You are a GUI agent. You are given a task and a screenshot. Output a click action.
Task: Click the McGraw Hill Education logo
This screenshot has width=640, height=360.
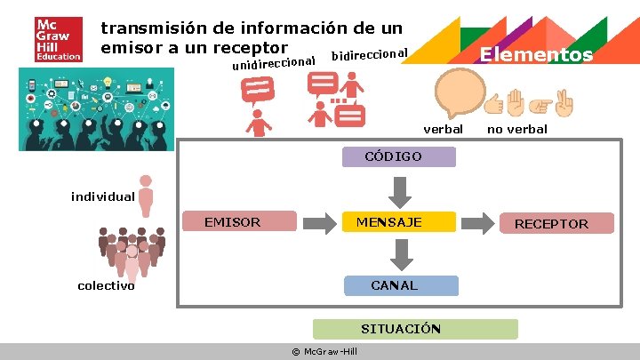58,40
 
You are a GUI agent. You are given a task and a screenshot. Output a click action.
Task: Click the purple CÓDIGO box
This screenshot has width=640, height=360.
399,157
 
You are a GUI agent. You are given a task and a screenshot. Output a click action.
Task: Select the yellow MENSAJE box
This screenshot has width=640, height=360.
399,222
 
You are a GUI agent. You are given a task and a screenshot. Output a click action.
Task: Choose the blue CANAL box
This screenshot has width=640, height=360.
402,285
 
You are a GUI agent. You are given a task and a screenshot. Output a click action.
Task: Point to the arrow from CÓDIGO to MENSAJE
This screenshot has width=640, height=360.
400,189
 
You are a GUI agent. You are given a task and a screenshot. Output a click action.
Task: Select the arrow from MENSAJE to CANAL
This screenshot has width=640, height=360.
403,253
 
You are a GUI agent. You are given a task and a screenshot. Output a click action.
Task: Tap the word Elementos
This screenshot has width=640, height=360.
536,55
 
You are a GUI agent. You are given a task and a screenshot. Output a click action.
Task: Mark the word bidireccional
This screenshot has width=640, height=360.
369,54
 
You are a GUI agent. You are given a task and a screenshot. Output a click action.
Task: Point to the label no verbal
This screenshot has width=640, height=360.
517,130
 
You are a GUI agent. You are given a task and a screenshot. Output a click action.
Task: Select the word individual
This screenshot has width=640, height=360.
103,196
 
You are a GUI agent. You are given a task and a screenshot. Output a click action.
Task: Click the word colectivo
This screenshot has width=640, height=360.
107,285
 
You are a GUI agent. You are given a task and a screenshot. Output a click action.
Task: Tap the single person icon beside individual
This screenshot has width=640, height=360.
146,194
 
